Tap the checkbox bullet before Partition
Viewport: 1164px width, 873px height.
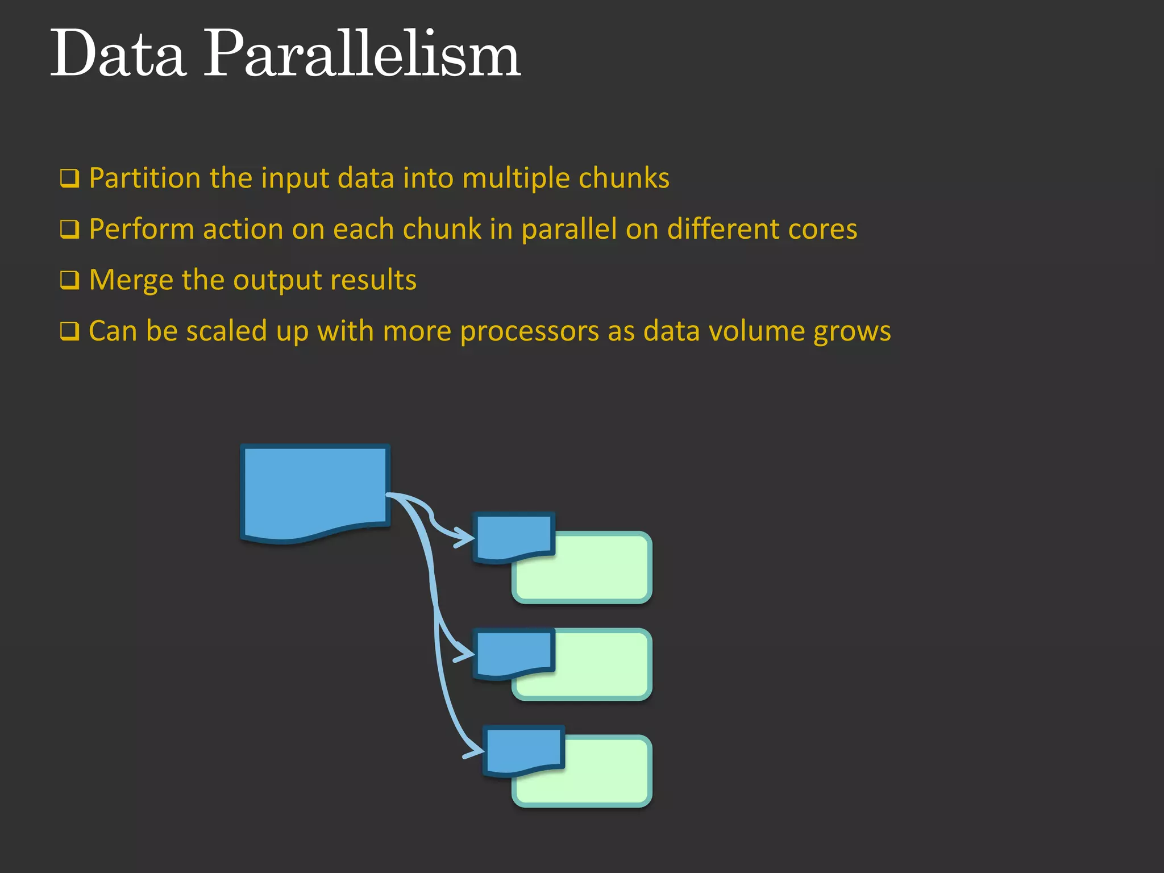point(69,178)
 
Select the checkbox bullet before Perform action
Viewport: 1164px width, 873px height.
point(69,230)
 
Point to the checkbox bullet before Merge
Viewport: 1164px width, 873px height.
point(69,280)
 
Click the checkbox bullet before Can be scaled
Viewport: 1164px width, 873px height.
point(69,331)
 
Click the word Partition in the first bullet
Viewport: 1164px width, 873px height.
point(145,178)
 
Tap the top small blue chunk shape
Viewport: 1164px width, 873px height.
point(514,535)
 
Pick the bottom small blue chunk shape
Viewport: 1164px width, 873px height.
point(523,749)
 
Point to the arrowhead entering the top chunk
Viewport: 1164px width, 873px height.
point(466,538)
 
